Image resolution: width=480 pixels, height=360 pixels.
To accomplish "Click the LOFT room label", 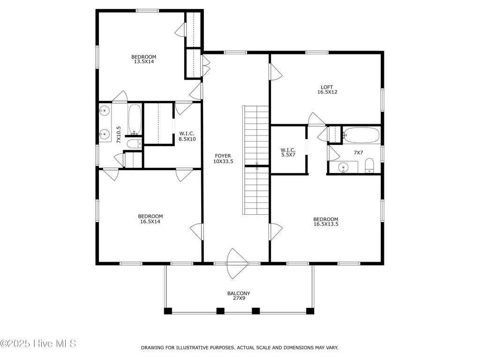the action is coord(327,87).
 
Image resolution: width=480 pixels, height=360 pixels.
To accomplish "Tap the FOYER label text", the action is coord(223,156).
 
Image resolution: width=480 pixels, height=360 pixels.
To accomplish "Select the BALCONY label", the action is coord(239,293).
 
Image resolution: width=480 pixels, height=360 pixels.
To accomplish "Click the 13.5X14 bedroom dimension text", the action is coord(144,61).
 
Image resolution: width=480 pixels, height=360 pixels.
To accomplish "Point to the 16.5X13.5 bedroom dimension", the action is coord(326,224).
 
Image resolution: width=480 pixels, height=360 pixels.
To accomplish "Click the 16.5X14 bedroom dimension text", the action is coord(150,222).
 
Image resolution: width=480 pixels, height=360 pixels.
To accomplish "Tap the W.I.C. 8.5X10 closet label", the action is coord(187,136).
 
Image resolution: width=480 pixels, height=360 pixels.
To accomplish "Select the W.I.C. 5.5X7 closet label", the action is coord(288,152).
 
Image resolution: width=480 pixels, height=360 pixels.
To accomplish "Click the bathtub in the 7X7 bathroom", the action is coord(361,135).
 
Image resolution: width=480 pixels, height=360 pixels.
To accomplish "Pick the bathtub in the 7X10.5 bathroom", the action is coord(135,120).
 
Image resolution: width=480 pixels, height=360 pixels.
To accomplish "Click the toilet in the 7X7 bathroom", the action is coord(370,165).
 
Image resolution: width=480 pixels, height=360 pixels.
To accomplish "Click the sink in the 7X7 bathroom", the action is coord(344,167).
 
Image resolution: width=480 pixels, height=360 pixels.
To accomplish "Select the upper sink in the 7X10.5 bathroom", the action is coord(105,110).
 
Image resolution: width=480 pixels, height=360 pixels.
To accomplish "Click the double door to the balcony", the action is coord(236,263).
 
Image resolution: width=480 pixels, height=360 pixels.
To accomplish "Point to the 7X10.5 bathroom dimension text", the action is coord(119,135).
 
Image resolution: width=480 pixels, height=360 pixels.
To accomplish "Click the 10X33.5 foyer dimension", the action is coord(223,161).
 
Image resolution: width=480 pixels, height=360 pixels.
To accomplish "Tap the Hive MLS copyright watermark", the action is coord(38,344).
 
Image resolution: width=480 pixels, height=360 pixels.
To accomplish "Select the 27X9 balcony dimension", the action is coord(239,298).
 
